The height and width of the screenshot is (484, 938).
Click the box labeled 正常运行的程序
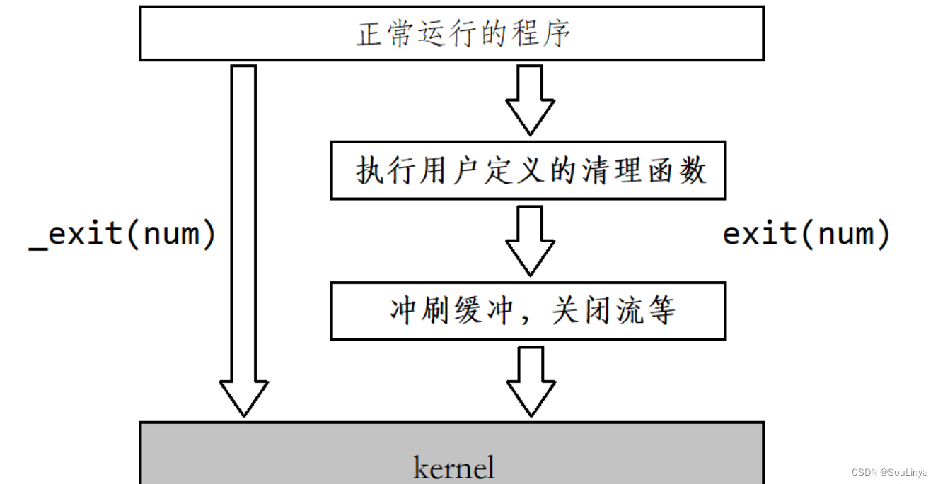pyautogui.click(x=451, y=33)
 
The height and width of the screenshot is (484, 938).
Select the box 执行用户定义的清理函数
pyautogui.click(x=528, y=170)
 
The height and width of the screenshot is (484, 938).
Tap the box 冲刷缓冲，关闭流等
pyautogui.click(x=528, y=311)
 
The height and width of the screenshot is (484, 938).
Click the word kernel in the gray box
pyautogui.click(x=453, y=467)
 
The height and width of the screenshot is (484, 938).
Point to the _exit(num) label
pyautogui.click(x=122, y=234)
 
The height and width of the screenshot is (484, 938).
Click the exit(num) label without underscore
pyautogui.click(x=806, y=234)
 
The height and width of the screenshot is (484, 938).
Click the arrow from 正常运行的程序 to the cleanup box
pyautogui.click(x=529, y=99)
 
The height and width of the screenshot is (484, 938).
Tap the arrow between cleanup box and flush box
pyautogui.click(x=529, y=240)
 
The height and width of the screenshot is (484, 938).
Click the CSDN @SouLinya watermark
pyautogui.click(x=889, y=472)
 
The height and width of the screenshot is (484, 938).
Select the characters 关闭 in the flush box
pyautogui.click(x=582, y=311)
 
